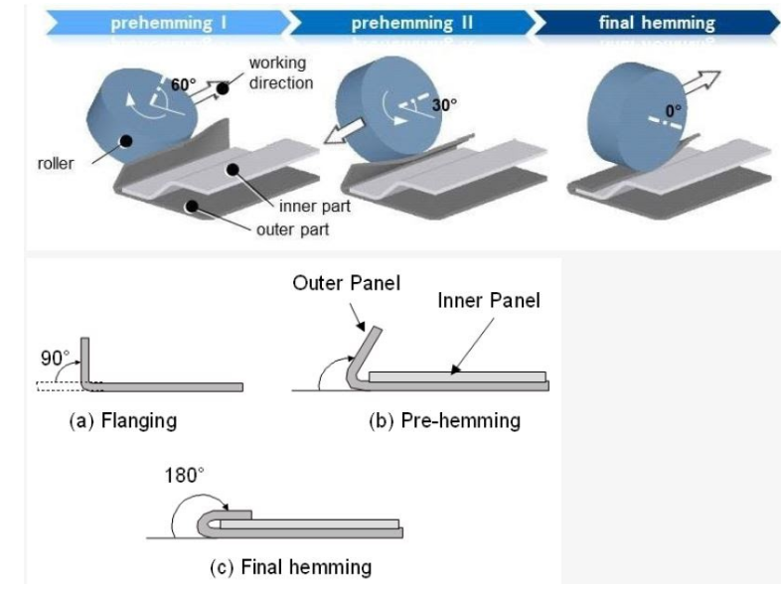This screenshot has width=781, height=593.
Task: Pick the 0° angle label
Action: click(x=674, y=112)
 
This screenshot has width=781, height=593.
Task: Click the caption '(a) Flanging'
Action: click(x=122, y=421)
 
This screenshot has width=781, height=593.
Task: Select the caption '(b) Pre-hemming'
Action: click(x=444, y=421)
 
